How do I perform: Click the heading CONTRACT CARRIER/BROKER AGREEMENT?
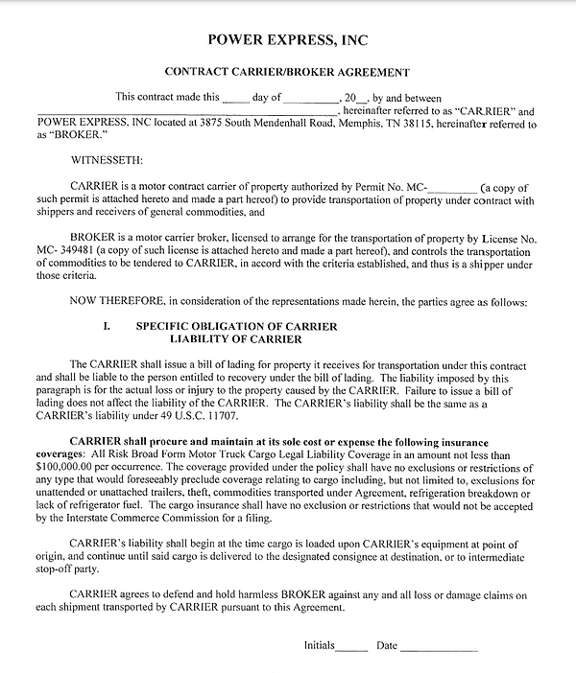click(288, 72)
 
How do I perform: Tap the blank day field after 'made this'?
click(234, 98)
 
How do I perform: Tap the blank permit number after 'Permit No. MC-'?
click(456, 185)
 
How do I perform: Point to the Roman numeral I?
click(106, 327)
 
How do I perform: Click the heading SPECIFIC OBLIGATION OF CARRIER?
click(236, 327)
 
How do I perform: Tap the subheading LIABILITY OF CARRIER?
click(236, 339)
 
